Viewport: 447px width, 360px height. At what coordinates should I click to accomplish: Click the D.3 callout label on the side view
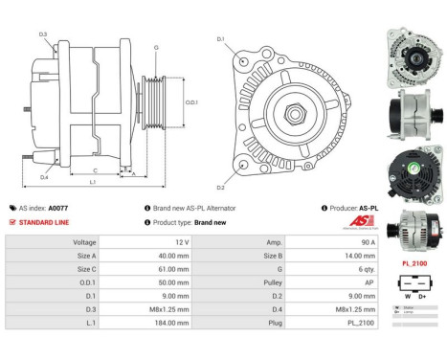43,34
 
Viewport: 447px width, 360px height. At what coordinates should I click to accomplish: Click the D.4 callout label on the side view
44,178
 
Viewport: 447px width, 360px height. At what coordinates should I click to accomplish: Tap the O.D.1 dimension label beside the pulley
190,102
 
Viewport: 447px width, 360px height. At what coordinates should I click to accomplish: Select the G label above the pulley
156,47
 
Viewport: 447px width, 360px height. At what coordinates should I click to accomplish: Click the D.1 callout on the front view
221,39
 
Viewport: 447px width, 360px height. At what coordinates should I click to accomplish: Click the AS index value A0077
58,208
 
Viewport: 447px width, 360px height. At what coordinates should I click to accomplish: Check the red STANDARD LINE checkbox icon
12,222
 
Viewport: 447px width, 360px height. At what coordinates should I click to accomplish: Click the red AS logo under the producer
366,223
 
